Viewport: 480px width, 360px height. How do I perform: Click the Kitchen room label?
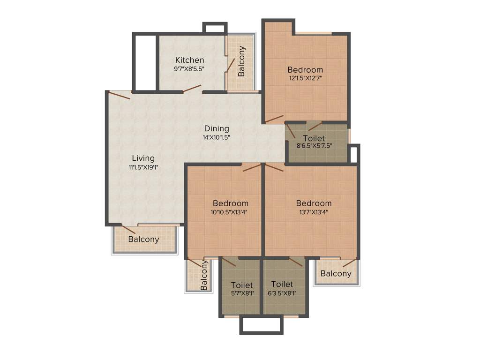click(x=189, y=60)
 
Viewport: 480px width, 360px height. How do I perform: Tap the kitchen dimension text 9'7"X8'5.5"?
click(x=189, y=68)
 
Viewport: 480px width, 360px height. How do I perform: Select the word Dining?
click(x=217, y=128)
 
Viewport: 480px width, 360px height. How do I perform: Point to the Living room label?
click(x=143, y=158)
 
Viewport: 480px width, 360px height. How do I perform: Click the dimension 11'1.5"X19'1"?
click(x=143, y=167)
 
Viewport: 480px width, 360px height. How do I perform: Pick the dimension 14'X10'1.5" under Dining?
click(x=217, y=137)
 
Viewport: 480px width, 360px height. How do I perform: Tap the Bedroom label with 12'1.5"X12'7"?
click(x=305, y=70)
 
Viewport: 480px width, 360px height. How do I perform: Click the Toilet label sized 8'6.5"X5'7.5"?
click(x=314, y=138)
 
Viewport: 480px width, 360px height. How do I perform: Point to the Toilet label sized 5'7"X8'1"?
click(x=242, y=285)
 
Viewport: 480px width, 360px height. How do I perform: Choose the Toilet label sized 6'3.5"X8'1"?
click(x=282, y=284)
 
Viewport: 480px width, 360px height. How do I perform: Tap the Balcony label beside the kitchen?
click(x=241, y=61)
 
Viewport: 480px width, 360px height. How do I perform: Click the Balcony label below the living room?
click(x=143, y=239)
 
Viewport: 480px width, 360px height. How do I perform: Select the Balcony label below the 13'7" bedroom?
click(x=336, y=274)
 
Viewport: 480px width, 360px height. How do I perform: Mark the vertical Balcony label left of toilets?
click(x=204, y=276)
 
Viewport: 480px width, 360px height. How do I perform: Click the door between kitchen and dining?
click(x=192, y=89)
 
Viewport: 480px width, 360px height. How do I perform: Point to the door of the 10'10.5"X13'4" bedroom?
click(x=252, y=167)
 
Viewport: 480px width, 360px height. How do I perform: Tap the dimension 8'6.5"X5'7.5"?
click(x=314, y=146)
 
